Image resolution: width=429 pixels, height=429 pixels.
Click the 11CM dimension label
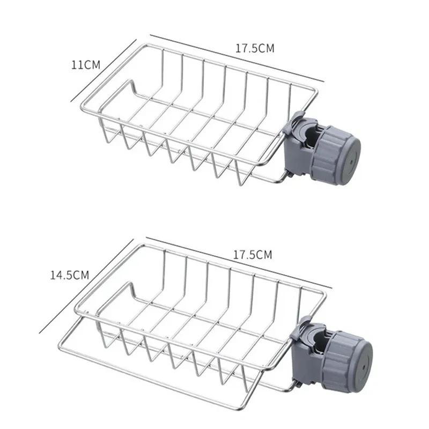pyautogui.click(x=86, y=65)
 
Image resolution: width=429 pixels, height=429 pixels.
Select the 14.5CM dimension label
pyautogui.click(x=69, y=275)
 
